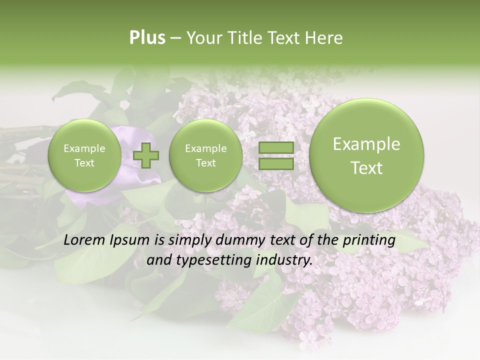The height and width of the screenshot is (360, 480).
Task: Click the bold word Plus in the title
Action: [x=147, y=38]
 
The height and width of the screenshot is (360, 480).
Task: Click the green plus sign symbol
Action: [x=146, y=155]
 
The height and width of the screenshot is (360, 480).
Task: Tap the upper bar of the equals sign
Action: [x=275, y=148]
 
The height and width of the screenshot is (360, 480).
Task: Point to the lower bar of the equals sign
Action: [x=275, y=164]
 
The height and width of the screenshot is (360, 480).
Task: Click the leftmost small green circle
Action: [x=84, y=155]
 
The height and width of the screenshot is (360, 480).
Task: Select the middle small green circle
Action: [x=205, y=155]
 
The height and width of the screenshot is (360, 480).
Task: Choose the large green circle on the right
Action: [x=366, y=155]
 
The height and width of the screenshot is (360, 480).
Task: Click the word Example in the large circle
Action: [x=366, y=144]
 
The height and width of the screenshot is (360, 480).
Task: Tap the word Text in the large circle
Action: [x=366, y=168]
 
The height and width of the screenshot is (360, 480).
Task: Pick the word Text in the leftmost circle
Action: [x=84, y=163]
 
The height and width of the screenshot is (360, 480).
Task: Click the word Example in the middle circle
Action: [x=205, y=148]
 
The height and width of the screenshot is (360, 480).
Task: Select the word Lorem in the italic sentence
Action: [x=85, y=240]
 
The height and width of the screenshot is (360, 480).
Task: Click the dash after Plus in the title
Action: [x=175, y=38]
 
